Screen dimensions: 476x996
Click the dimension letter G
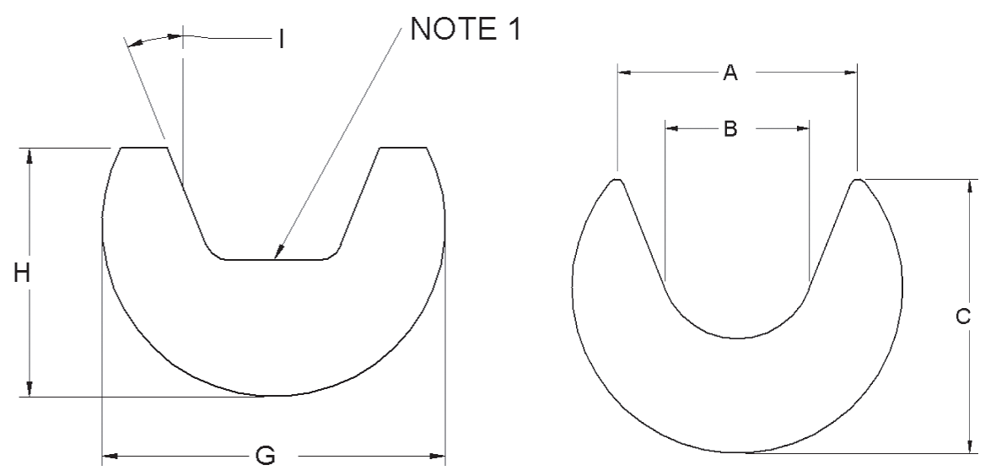point(265,457)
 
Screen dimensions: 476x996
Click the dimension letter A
point(730,73)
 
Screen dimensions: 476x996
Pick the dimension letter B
point(730,129)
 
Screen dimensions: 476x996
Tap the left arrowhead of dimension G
point(107,457)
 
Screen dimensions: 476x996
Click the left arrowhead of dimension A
point(622,73)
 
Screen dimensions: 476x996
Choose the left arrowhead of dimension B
point(670,129)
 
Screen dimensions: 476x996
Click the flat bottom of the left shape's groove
point(274,260)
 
